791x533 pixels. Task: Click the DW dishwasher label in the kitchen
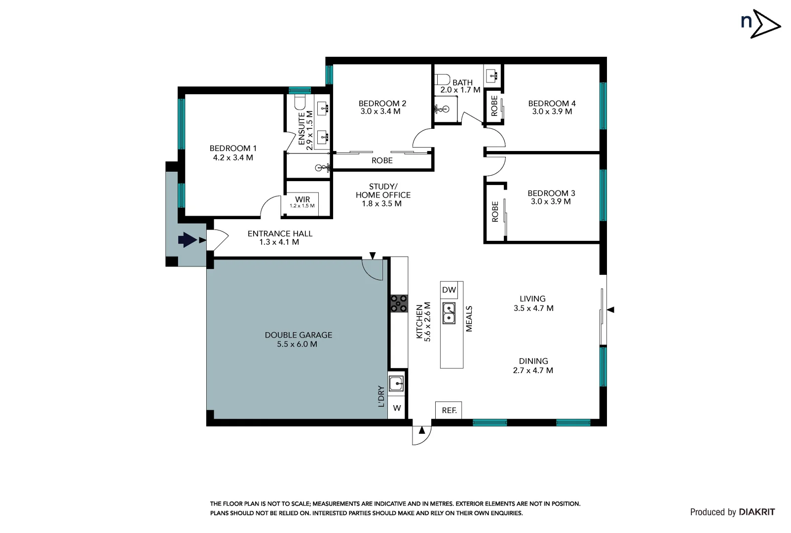click(x=449, y=290)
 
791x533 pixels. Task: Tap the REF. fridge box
click(x=449, y=410)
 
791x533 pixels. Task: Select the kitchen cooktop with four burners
click(x=399, y=303)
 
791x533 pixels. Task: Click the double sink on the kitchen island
click(x=449, y=313)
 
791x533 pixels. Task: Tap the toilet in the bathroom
click(x=443, y=79)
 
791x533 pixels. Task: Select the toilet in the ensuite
click(x=300, y=102)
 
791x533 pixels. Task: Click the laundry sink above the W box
click(x=396, y=383)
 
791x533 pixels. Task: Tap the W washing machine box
click(x=397, y=408)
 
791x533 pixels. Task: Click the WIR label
click(x=302, y=199)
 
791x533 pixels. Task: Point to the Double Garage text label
click(x=298, y=335)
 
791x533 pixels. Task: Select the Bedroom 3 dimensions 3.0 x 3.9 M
click(x=551, y=201)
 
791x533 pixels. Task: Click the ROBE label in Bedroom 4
click(x=494, y=106)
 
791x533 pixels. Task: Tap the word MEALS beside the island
click(x=469, y=319)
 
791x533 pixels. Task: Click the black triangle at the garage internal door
click(x=373, y=256)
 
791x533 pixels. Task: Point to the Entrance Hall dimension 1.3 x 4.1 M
click(x=279, y=242)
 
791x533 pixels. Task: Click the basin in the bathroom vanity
click(x=492, y=76)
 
